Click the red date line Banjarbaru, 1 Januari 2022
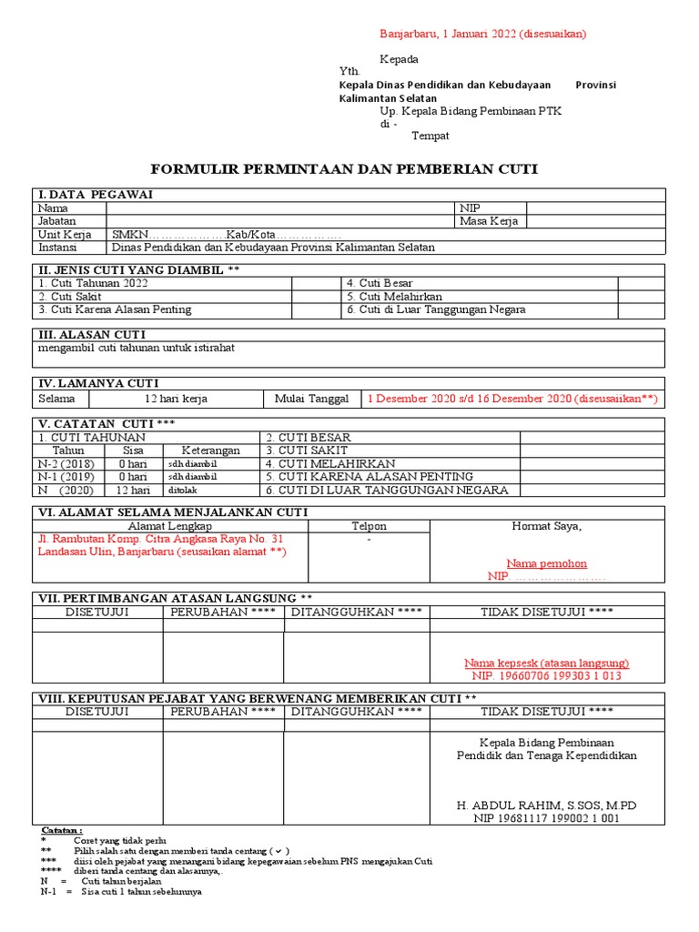point(482,34)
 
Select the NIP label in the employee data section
point(470,208)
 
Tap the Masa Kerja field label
point(489,221)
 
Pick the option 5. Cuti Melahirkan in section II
point(394,297)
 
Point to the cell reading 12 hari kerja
point(177,399)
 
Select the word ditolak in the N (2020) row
point(182,490)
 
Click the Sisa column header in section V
point(133,451)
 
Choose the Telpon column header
point(369,526)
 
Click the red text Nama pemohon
point(546,563)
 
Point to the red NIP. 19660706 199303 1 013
point(546,675)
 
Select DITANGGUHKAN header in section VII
point(356,612)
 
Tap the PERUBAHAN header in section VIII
point(222,711)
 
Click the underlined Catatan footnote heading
point(62,830)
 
